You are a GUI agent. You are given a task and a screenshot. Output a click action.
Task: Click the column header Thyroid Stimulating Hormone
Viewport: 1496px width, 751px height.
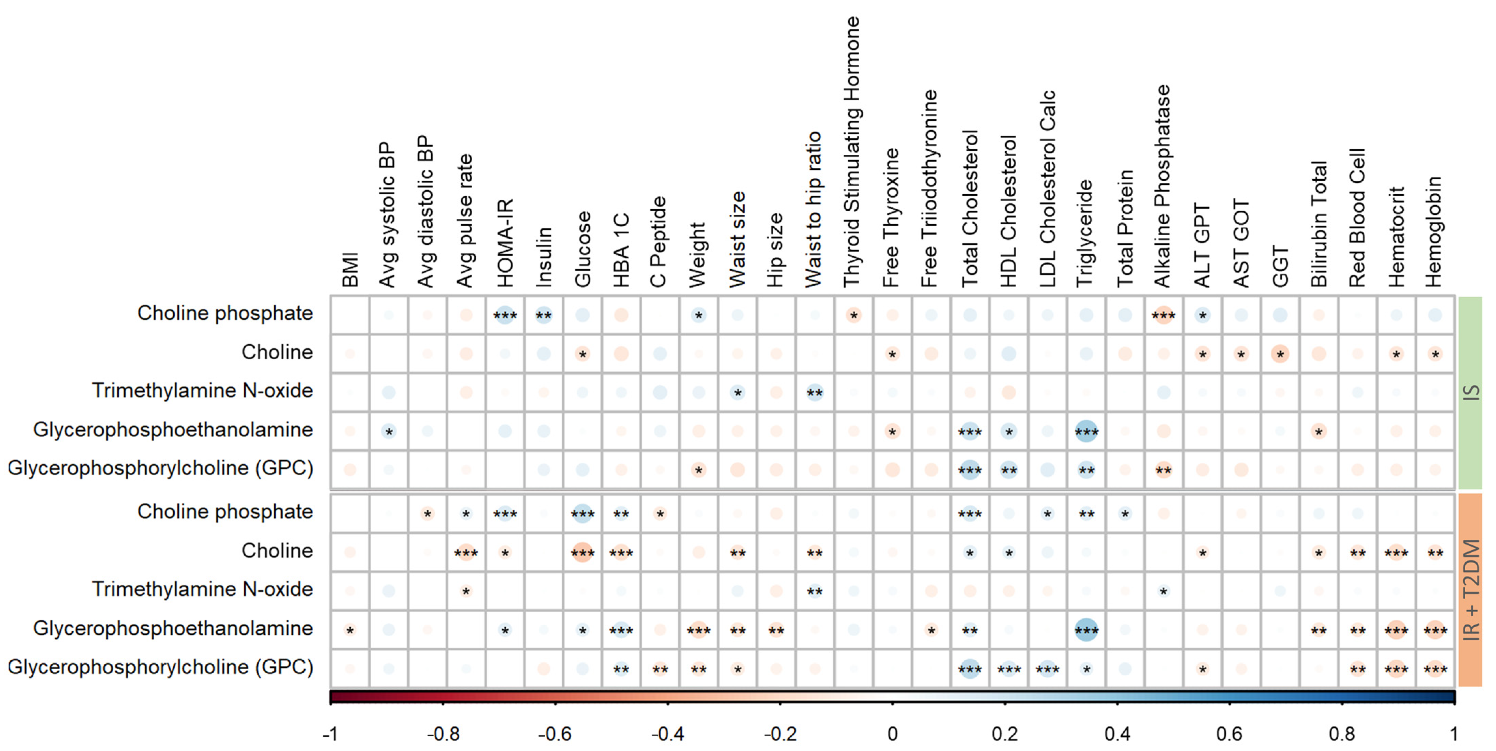coord(852,152)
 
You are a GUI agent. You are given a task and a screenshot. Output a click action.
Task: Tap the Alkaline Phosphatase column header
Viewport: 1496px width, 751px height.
coord(1162,186)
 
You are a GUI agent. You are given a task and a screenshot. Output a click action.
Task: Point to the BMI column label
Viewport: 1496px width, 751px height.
coord(350,270)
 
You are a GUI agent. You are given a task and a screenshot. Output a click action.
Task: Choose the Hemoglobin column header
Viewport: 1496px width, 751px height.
coord(1433,232)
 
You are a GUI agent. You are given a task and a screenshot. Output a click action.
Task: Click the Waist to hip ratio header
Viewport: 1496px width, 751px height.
coord(813,209)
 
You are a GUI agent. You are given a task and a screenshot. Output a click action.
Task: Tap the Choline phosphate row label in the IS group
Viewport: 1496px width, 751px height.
coord(225,313)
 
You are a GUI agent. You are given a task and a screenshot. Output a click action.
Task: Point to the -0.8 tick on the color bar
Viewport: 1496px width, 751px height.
coord(443,734)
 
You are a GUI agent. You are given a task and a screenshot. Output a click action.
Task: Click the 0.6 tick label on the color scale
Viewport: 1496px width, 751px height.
coord(1229,734)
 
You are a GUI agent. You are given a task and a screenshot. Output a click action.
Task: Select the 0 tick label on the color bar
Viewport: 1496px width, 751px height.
coord(892,734)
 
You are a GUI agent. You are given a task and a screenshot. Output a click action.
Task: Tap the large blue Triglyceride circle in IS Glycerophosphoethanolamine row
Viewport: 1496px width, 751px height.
coord(1085,431)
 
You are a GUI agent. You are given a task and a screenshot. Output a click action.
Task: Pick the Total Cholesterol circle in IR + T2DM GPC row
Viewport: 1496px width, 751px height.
coord(969,669)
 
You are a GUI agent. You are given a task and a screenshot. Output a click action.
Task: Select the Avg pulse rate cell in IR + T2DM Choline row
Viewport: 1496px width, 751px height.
coord(466,553)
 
